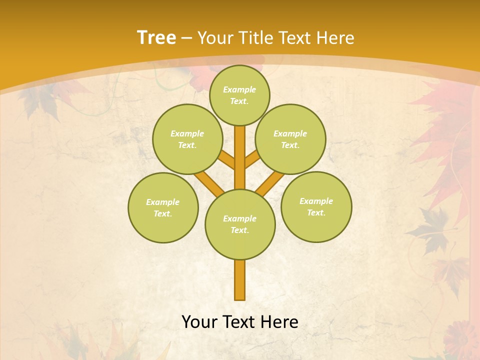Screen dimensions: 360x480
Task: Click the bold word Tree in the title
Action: point(156,37)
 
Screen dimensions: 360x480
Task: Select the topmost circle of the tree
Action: point(239,95)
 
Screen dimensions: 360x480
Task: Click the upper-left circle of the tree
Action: point(187,139)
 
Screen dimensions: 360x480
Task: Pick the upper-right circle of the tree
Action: point(290,139)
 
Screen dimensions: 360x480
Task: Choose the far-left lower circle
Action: point(163,207)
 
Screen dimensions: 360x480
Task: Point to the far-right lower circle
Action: point(316,206)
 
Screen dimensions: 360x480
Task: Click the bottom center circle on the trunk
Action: point(240,224)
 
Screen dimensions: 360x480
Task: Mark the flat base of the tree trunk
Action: point(240,298)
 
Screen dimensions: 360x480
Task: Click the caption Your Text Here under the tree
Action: point(240,322)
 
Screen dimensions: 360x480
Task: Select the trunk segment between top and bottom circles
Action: point(240,157)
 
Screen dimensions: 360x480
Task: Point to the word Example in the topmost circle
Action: point(239,90)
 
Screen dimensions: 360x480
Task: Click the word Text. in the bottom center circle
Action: point(239,230)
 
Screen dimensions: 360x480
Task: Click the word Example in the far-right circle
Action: point(316,201)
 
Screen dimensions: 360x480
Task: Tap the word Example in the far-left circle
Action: point(162,202)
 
